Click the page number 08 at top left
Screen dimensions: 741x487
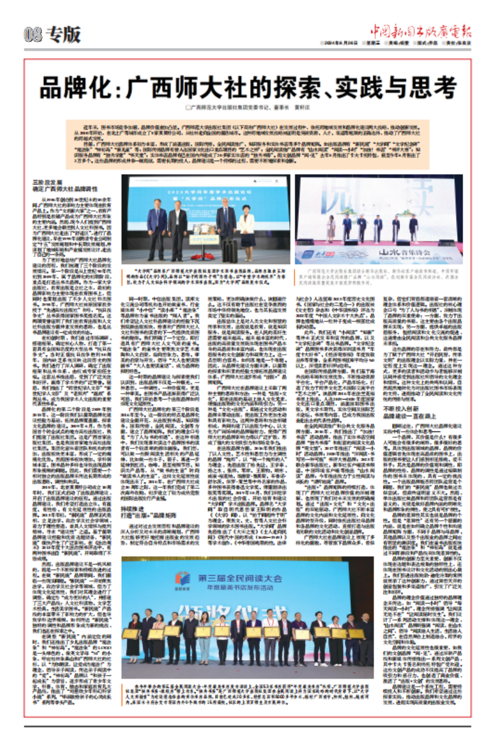tap(34, 35)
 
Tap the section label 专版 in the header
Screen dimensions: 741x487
tap(65, 35)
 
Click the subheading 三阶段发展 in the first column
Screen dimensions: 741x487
tap(48, 182)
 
